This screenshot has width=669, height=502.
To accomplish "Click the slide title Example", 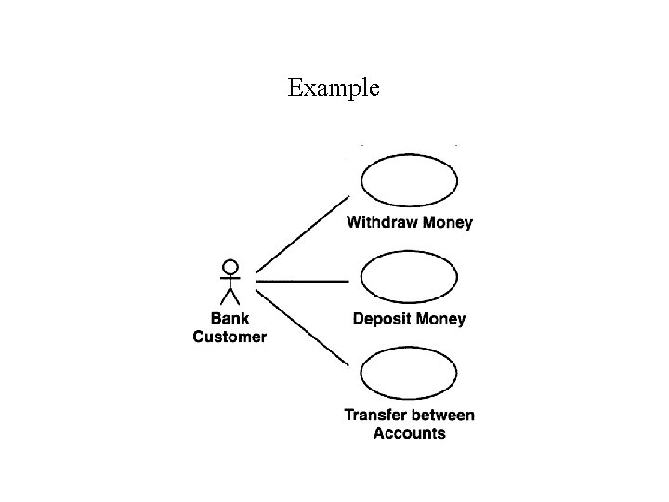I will tap(334, 88).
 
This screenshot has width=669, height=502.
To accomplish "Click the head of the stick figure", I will tap(230, 267).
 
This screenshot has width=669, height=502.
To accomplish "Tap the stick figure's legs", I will tap(230, 296).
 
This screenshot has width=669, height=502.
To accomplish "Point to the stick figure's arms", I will tap(230, 278).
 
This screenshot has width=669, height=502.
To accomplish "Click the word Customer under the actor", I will tap(230, 337).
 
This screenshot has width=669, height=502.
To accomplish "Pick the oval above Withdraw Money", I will tap(409, 181).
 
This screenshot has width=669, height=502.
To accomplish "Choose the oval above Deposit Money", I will tap(409, 278).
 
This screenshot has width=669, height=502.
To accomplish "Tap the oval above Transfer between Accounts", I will tap(409, 374).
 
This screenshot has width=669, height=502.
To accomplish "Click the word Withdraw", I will tap(382, 223).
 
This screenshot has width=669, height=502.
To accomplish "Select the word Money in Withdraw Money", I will tap(448, 223).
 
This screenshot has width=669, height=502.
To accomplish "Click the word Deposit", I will tap(382, 319).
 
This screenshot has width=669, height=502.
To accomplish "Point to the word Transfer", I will tap(376, 416).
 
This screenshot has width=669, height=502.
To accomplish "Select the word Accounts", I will tap(409, 433).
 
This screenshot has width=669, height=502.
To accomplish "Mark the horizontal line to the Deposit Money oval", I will tap(303, 279).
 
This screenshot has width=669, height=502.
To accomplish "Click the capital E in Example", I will tap(295, 88).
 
